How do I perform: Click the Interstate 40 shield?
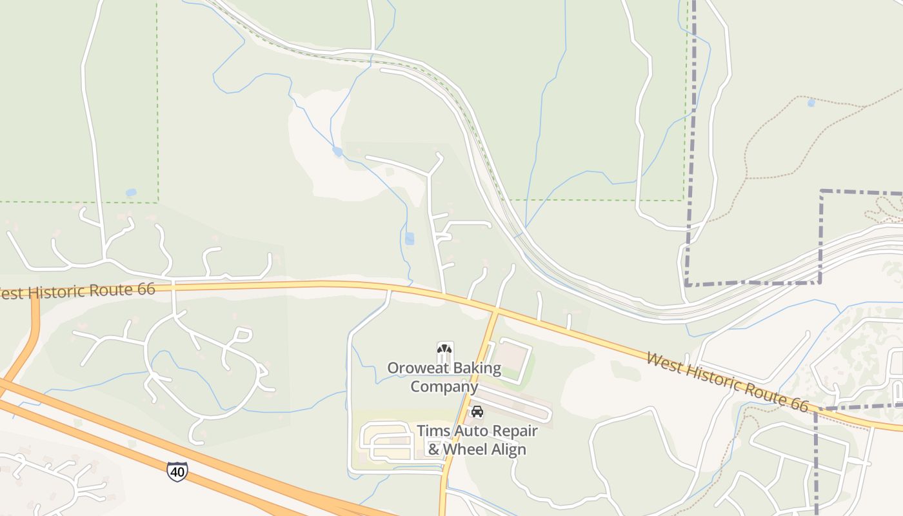coord(177,471)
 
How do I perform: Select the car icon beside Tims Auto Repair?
coord(477,412)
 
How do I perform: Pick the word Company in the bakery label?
coord(444,386)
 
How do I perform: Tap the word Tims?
coord(434,430)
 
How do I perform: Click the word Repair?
coord(516,431)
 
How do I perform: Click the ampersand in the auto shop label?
coord(434,449)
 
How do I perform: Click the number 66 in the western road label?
coord(146,288)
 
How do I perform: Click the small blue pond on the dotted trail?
coord(811,103)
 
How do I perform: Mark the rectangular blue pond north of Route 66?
coord(410,239)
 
